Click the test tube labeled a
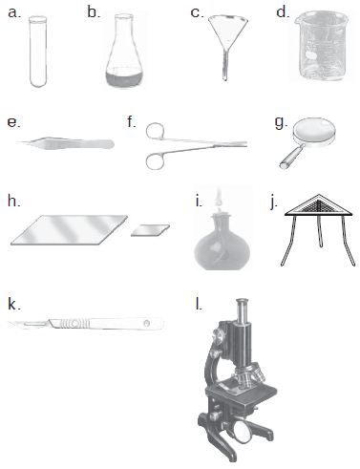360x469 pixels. click(x=38, y=52)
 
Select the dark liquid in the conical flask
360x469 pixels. click(x=124, y=79)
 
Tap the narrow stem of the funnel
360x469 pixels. click(x=225, y=66)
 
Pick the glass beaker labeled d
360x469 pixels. click(x=321, y=45)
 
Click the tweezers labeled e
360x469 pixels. click(x=66, y=143)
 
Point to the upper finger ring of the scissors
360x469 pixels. click(x=156, y=131)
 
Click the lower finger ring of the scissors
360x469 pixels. click(x=156, y=160)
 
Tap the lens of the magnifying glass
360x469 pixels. click(x=314, y=130)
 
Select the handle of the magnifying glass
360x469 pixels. click(x=291, y=157)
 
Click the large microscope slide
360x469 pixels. click(x=69, y=230)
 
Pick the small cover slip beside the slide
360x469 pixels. click(x=150, y=230)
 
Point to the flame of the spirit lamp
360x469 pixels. click(x=219, y=198)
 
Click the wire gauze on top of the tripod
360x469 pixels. click(x=319, y=205)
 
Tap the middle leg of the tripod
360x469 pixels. click(x=320, y=231)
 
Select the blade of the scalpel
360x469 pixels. click(x=28, y=324)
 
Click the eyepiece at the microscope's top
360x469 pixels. click(x=243, y=307)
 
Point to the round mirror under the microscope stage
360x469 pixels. click(x=245, y=431)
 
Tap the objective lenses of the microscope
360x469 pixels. click(x=251, y=375)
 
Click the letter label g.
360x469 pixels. click(x=281, y=123)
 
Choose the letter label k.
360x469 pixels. click(x=14, y=305)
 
